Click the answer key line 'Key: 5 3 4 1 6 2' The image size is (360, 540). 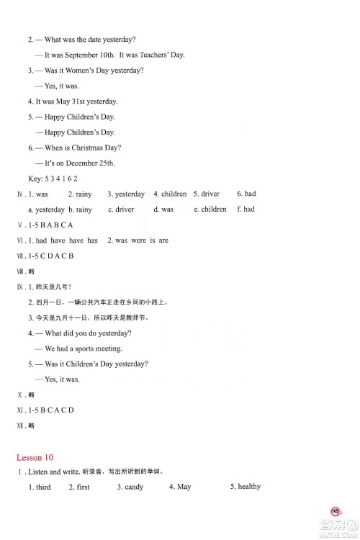[x=53, y=179]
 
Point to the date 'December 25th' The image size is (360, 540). [x=90, y=163]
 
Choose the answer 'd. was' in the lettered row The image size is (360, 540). [x=163, y=210]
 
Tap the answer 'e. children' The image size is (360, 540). [x=210, y=210]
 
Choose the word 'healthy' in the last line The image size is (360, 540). [x=248, y=487]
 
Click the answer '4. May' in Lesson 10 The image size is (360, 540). [x=180, y=487]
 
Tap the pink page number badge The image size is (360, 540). [x=336, y=510]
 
